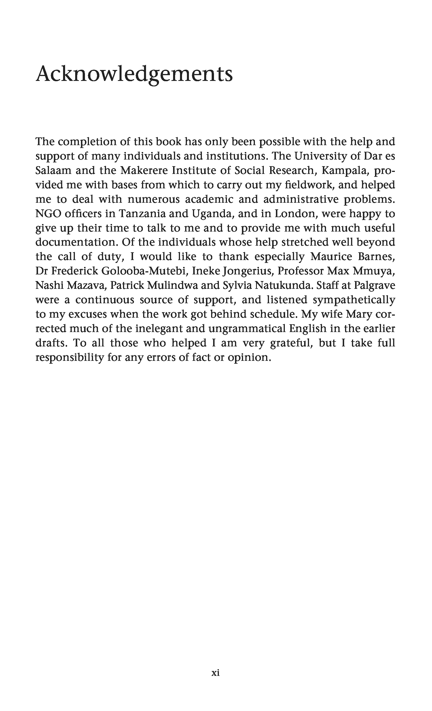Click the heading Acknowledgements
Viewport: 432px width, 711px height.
click(x=134, y=74)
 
